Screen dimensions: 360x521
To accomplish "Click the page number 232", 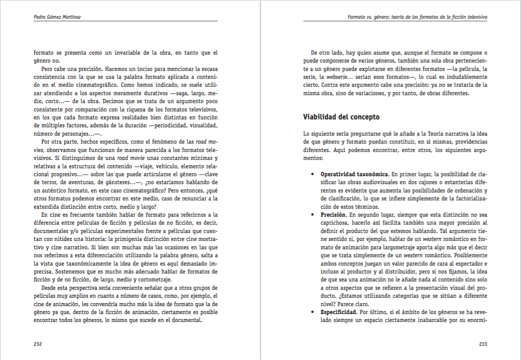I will (x=38, y=344).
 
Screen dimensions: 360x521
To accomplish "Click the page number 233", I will (x=483, y=344).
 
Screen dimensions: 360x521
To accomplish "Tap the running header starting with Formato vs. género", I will (x=417, y=17).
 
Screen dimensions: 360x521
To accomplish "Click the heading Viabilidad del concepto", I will (x=341, y=117).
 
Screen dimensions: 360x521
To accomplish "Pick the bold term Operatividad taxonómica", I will (x=355, y=174).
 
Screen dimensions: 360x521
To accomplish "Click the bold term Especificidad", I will (x=338, y=312).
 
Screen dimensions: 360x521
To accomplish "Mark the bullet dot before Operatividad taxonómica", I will (x=312, y=174).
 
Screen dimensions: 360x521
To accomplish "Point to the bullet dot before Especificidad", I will (x=312, y=312).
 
